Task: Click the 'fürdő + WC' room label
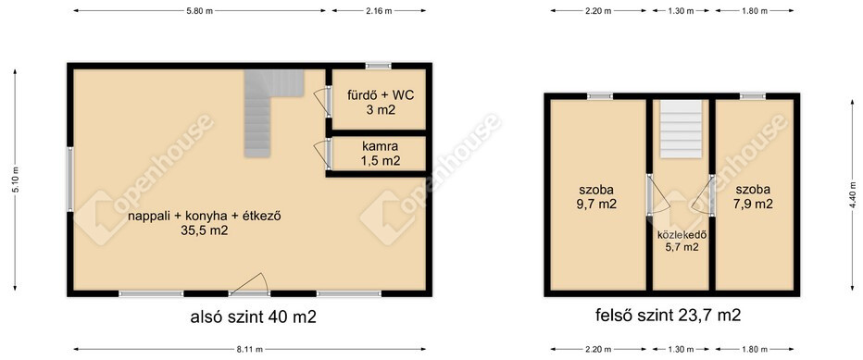point(380,94)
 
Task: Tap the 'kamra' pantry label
point(380,146)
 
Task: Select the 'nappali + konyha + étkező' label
point(205,217)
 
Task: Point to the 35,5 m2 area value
point(205,231)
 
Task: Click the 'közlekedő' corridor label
point(682,235)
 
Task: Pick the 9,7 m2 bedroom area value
point(597,204)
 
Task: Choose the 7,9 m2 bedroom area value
point(754,204)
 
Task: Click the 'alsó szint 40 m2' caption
point(253,317)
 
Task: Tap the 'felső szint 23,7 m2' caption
point(669,316)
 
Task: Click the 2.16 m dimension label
point(380,11)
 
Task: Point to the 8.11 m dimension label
point(249,349)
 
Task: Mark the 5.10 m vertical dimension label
point(15,180)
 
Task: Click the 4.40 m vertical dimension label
point(853,195)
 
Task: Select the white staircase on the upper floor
point(682,130)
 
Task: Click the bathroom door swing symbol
point(322,102)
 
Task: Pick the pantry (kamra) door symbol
point(322,155)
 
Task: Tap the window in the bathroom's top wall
point(379,66)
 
